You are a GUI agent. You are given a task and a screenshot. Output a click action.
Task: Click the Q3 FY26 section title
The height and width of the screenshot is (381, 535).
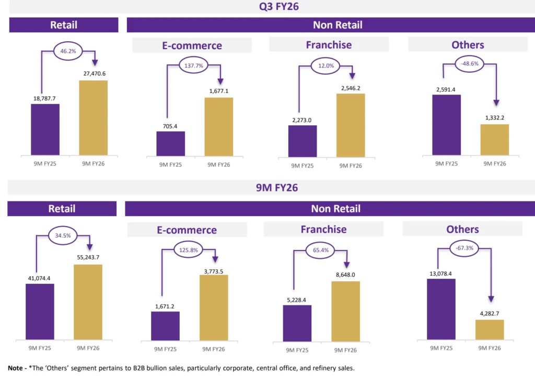click(x=277, y=7)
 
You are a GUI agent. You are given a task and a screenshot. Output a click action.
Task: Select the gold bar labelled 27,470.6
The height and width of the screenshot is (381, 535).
click(x=93, y=117)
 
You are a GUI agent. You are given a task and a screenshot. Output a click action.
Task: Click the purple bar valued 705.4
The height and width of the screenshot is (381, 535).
click(x=170, y=143)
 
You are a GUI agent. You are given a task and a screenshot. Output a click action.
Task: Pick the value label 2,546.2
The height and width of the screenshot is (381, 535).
click(x=350, y=88)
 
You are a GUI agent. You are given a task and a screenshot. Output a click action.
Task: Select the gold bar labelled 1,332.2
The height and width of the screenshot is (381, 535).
click(x=494, y=139)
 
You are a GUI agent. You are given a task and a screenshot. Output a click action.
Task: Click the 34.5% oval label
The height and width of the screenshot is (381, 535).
click(x=63, y=235)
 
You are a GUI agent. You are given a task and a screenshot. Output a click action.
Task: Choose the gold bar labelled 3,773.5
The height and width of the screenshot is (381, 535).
click(x=214, y=307)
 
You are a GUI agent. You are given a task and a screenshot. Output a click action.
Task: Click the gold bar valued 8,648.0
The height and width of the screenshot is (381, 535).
click(x=345, y=311)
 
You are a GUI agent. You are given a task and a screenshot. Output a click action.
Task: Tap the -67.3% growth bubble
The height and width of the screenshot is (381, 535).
click(x=464, y=248)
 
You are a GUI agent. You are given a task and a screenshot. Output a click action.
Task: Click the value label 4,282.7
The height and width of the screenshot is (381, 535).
click(x=489, y=313)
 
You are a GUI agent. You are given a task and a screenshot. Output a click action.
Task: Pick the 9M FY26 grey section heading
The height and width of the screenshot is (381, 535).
click(x=277, y=187)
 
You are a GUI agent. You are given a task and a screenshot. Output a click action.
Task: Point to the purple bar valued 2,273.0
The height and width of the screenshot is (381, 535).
click(x=302, y=140)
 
